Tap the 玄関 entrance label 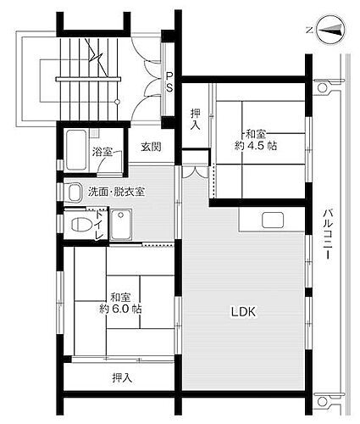tap(152, 147)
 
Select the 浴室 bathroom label tap(102, 152)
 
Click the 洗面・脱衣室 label tap(116, 191)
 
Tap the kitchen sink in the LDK tap(272, 220)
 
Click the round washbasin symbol tap(74, 191)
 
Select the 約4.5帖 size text tap(256, 145)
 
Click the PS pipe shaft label tap(169, 81)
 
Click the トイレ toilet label tap(99, 226)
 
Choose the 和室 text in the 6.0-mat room tap(119, 297)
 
